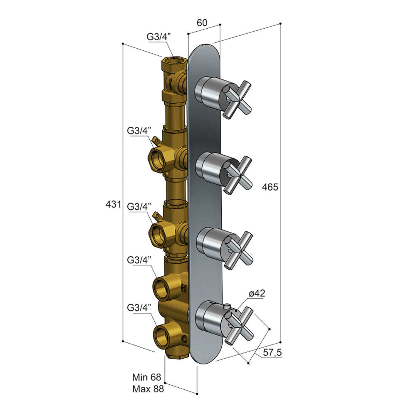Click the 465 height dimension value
click(270, 187)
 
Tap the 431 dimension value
click(113, 204)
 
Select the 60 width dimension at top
click(202, 23)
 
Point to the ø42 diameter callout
click(257, 293)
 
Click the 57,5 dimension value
click(272, 353)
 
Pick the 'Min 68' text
click(147, 377)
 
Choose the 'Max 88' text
click(148, 389)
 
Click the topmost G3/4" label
click(158, 37)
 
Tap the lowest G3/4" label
click(139, 308)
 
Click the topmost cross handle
click(237, 98)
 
